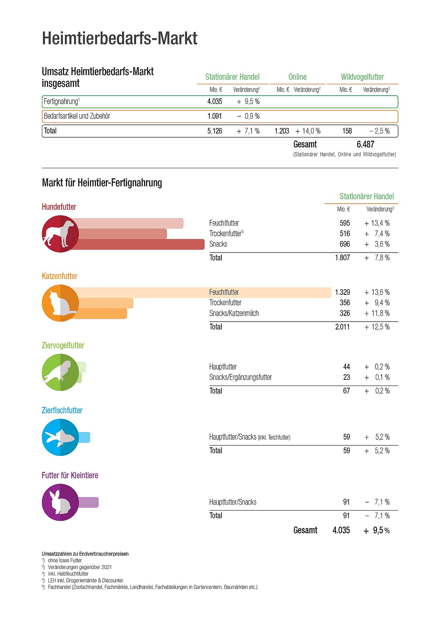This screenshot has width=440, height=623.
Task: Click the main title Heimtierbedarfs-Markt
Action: coord(120,38)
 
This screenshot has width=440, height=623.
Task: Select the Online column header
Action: coord(297,77)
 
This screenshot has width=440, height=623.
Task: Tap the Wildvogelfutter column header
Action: coord(362,77)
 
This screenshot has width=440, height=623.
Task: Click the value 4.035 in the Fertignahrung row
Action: coord(214,101)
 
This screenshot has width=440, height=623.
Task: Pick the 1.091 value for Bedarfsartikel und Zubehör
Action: coord(214,116)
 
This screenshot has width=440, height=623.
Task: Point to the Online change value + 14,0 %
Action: coord(308,131)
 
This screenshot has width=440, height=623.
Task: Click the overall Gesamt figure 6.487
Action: coord(365,144)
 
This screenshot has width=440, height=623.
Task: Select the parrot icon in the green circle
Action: coord(59,372)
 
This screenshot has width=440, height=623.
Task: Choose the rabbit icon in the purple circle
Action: coord(60,502)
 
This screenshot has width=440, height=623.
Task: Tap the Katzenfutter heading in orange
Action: coord(59,276)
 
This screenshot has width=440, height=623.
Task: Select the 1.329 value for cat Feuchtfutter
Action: coord(342,292)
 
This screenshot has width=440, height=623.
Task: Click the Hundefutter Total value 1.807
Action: coord(342,258)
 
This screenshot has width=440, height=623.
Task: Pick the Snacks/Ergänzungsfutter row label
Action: coord(240,377)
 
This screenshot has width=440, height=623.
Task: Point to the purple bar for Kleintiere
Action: coord(88,502)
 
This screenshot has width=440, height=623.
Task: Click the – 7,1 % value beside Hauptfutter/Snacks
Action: coord(377,502)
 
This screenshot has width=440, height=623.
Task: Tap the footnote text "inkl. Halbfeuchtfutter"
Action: coord(68,574)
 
